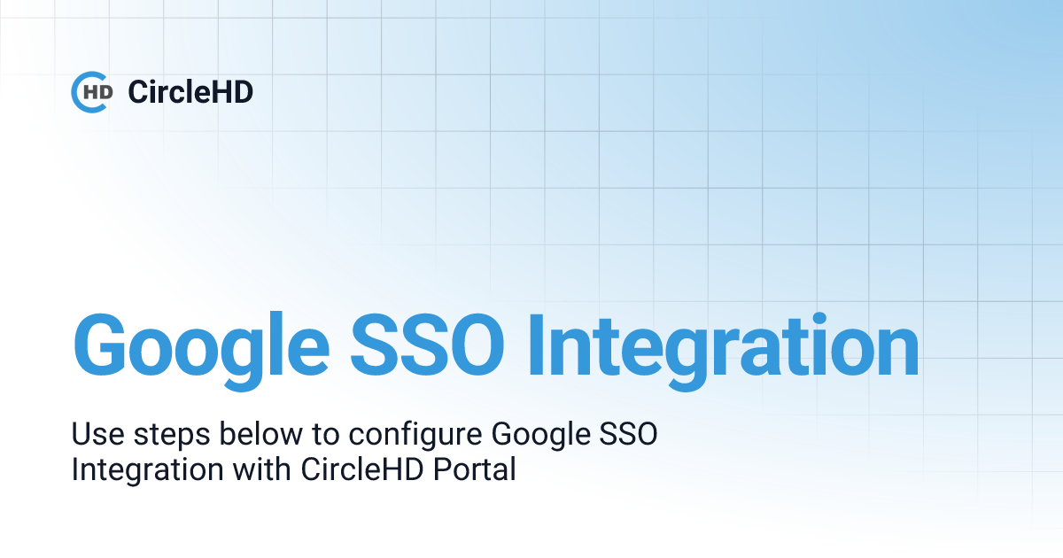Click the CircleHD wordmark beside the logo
[x=190, y=91]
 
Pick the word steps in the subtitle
[x=164, y=437]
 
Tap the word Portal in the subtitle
[x=475, y=469]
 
